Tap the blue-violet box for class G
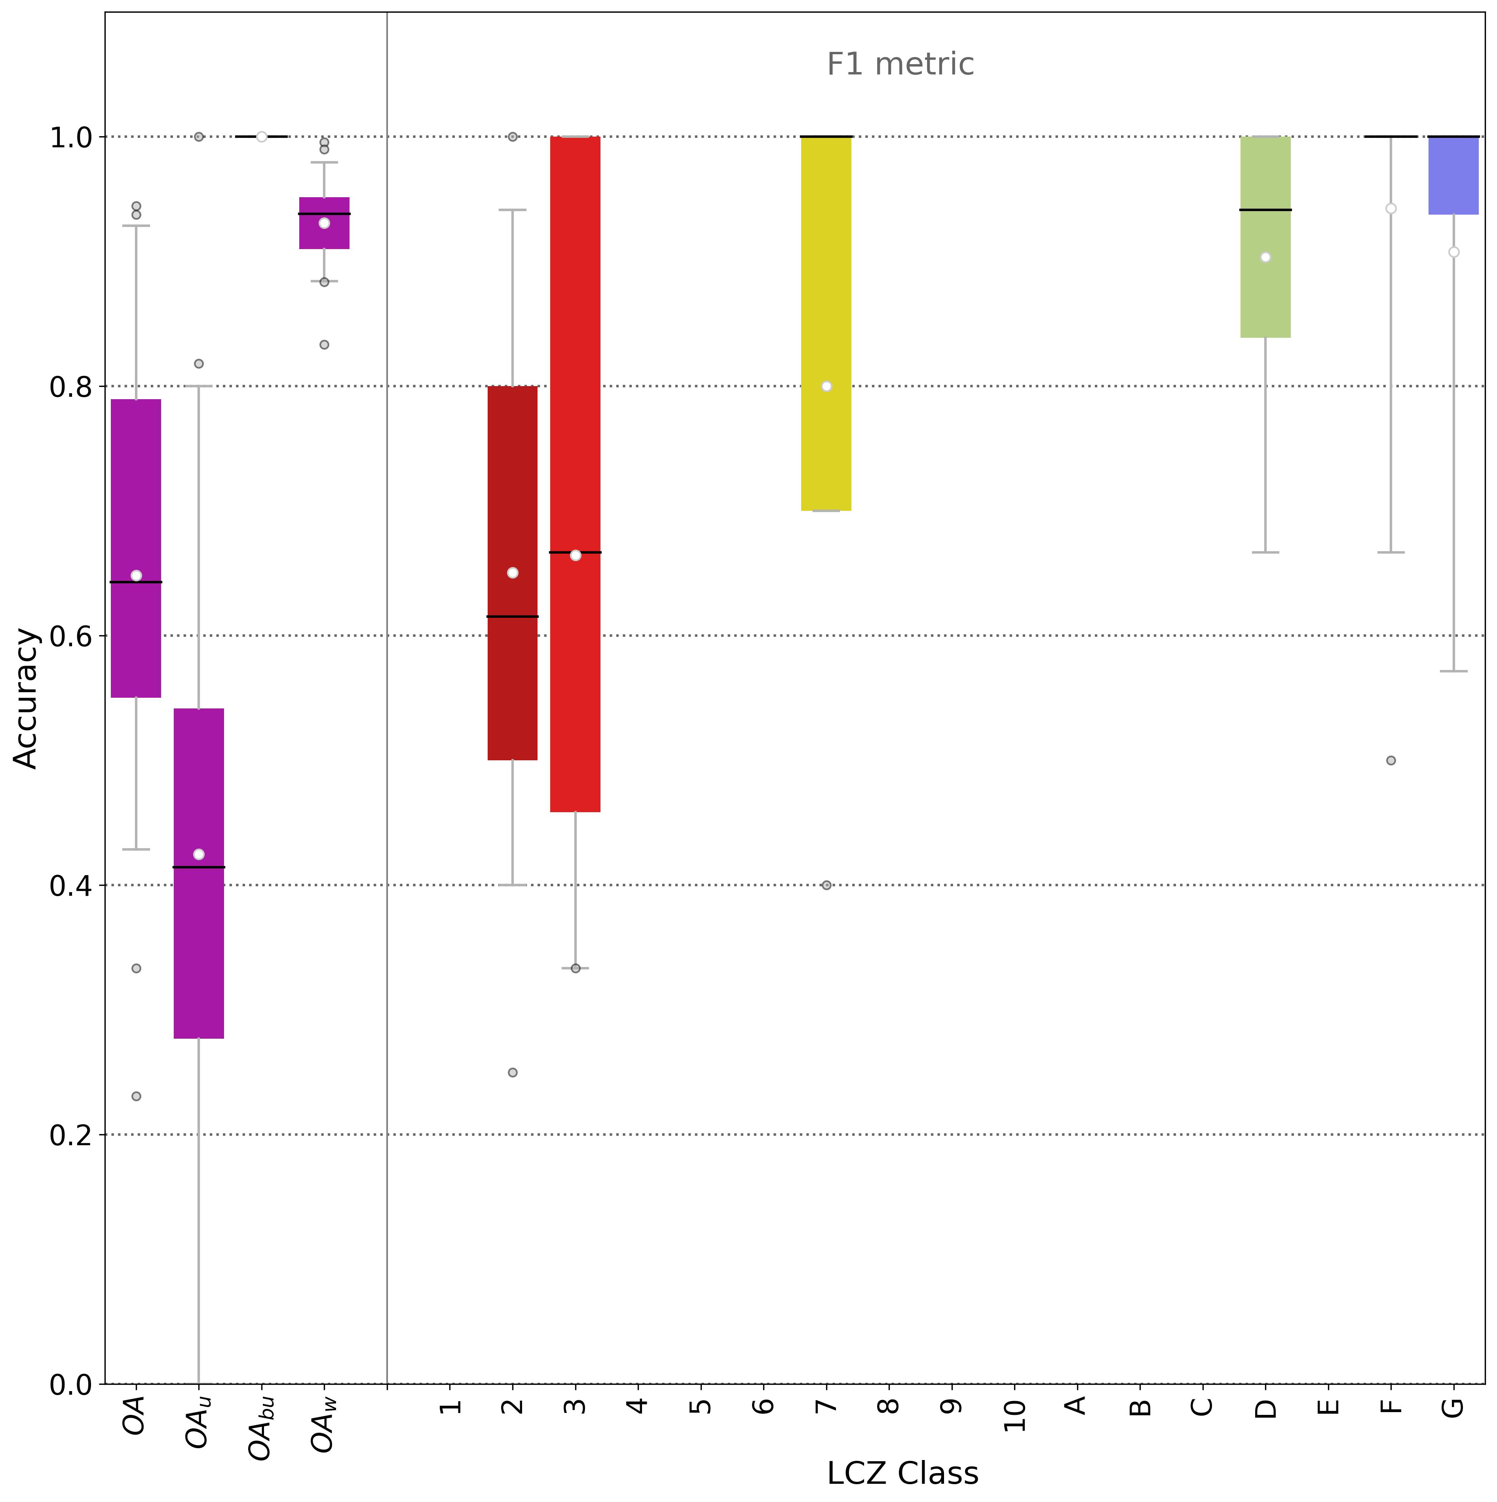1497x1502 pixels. point(1453,175)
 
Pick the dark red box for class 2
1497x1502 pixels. point(512,684)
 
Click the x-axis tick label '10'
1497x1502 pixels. point(1014,1415)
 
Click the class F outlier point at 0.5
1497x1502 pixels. point(1391,760)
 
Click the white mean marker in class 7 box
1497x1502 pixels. point(826,386)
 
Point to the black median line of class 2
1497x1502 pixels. point(512,617)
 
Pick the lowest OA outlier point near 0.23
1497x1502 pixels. point(136,1096)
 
